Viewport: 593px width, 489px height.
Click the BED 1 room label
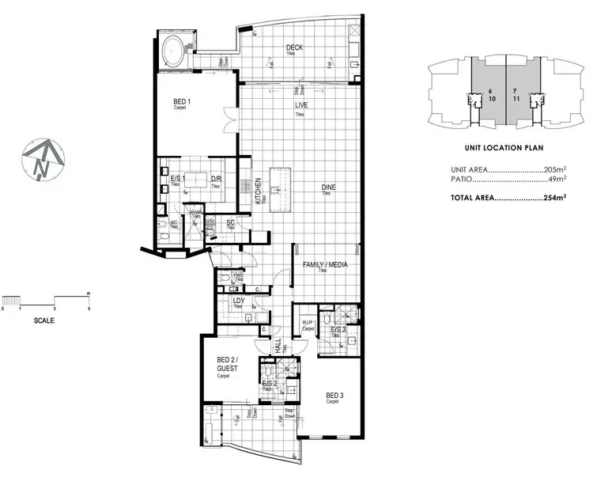[181, 101]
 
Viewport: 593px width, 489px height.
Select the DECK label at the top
[295, 48]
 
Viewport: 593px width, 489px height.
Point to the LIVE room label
[300, 104]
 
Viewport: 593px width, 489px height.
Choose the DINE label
[328, 188]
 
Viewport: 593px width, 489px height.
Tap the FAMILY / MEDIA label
[321, 265]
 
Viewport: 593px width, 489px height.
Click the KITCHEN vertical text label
[259, 191]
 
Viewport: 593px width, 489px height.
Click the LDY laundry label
[236, 301]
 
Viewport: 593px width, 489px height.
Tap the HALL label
[278, 345]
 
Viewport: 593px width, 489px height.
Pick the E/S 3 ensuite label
[338, 329]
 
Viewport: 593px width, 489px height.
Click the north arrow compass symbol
[43, 158]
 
